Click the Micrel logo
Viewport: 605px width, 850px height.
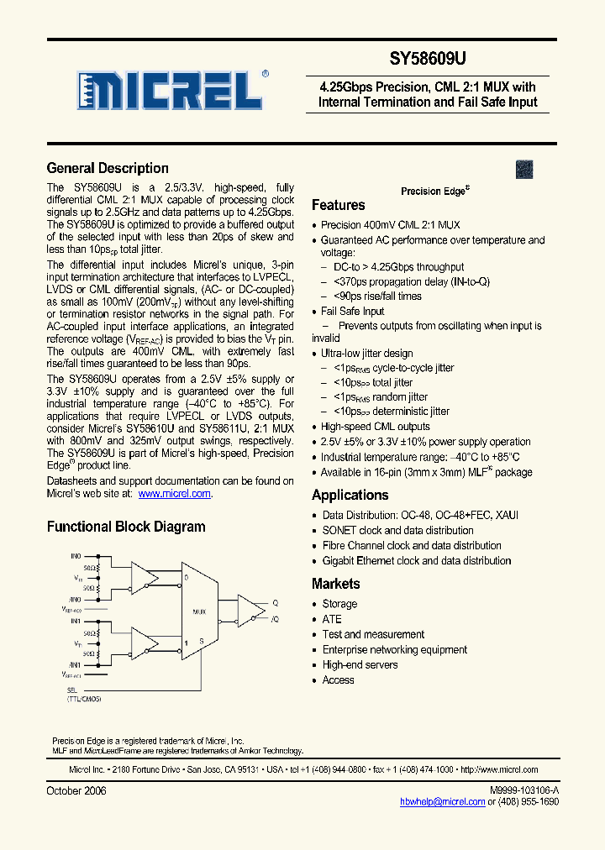point(173,87)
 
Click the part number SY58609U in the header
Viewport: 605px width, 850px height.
point(428,60)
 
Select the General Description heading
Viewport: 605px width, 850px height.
point(108,168)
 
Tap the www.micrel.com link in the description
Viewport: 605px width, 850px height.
point(174,494)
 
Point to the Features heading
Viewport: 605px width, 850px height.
point(338,205)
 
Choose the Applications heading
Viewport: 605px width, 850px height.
point(350,496)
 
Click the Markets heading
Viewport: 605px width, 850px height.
point(335,584)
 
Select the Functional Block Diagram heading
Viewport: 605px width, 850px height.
point(126,527)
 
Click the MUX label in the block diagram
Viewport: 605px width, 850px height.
point(199,611)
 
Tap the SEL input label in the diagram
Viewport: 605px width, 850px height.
point(71,690)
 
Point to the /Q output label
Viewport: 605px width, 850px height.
point(274,619)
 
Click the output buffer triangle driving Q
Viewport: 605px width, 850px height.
point(249,611)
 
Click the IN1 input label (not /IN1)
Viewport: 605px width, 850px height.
point(75,621)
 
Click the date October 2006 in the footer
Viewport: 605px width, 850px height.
point(76,791)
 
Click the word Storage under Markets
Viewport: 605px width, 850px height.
point(339,604)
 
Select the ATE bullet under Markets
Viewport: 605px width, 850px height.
point(332,619)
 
